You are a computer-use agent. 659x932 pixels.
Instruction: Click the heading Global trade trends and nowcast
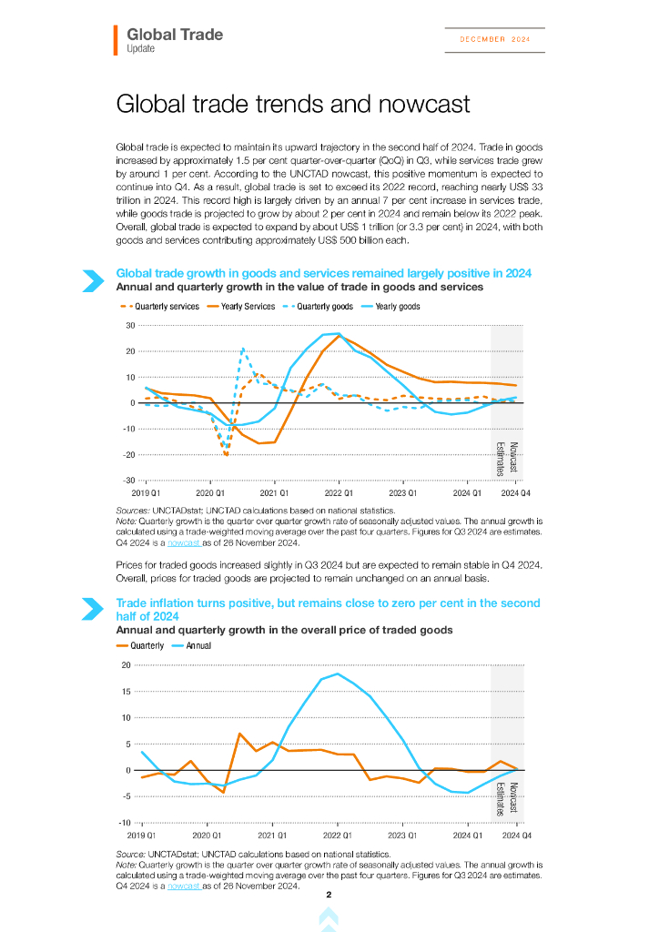(x=293, y=104)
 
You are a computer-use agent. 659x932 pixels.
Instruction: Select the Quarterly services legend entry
(x=160, y=307)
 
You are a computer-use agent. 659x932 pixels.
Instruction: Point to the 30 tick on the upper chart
(x=130, y=326)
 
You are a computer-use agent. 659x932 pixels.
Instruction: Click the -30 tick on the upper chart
(x=128, y=481)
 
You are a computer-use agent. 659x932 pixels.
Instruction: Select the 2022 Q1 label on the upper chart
(x=339, y=492)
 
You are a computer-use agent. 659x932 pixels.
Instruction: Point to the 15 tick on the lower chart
(x=126, y=692)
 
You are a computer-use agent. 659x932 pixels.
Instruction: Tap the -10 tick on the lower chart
(x=125, y=824)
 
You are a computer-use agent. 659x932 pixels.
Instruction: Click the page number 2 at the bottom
(x=329, y=896)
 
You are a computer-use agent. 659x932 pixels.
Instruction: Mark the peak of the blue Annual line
(x=338, y=674)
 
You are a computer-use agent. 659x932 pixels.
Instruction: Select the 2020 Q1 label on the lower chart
(x=207, y=835)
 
